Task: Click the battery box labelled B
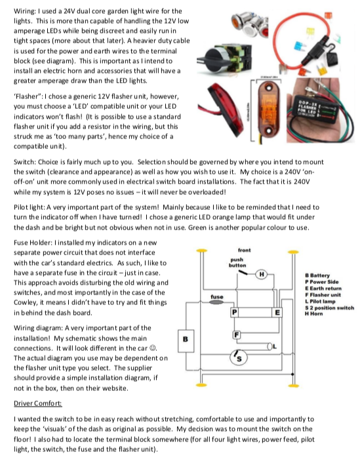[x=186, y=340]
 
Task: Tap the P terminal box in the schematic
[x=234, y=312]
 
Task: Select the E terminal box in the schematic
[x=277, y=312]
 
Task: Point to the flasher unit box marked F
[x=237, y=335]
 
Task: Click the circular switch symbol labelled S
[x=239, y=357]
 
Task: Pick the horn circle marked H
[x=262, y=274]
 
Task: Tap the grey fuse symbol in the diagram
[x=216, y=302]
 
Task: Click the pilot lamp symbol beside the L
[x=270, y=346]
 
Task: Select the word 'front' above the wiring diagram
[x=244, y=250]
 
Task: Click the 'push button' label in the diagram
[x=237, y=262]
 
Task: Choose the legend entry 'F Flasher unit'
[x=323, y=295]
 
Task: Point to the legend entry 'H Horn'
[x=313, y=314]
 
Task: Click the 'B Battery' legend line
[x=317, y=275]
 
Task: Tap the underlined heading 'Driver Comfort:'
[x=38, y=403]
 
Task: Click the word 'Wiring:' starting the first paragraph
[x=24, y=12]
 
